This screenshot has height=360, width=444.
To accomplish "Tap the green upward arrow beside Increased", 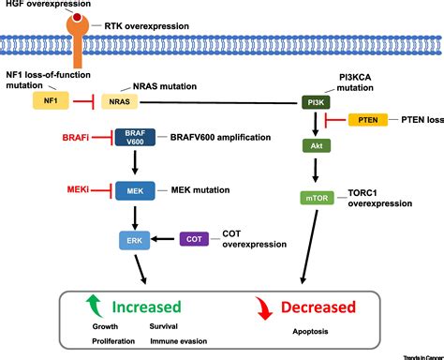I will click(x=92, y=305).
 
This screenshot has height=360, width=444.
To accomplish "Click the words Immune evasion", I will click(x=179, y=341).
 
